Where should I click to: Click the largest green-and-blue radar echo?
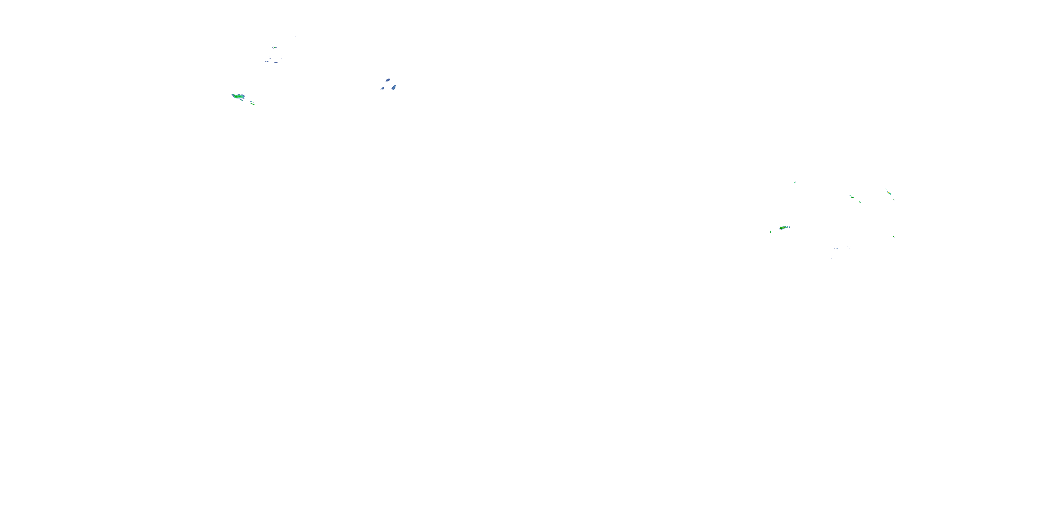[x=238, y=97]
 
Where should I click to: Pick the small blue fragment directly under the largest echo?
[x=241, y=101]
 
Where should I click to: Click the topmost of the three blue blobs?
[x=388, y=80]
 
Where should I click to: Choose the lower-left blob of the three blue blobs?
[x=383, y=88]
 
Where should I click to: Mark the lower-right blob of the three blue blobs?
[x=394, y=87]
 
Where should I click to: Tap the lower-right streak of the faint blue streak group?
[x=276, y=63]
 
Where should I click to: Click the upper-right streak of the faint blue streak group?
[x=281, y=58]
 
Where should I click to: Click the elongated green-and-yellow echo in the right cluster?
[x=784, y=228]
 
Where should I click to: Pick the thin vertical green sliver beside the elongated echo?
[x=771, y=232]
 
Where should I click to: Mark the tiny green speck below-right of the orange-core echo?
[x=894, y=200]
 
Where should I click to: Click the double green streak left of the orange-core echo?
[x=852, y=197]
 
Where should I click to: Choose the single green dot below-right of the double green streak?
[x=860, y=202]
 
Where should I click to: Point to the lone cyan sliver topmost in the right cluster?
[x=794, y=182]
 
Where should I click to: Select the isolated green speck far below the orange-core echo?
[x=893, y=237]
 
